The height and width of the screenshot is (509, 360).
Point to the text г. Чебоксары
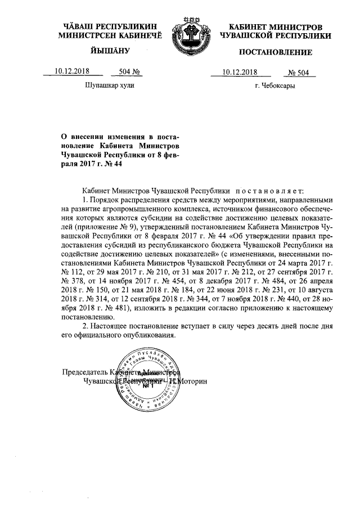pos(275,86)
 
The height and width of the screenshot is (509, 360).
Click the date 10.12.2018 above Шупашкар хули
pos(73,71)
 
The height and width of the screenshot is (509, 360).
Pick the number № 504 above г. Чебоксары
pos(300,72)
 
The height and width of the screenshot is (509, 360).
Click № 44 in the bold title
pos(114,164)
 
